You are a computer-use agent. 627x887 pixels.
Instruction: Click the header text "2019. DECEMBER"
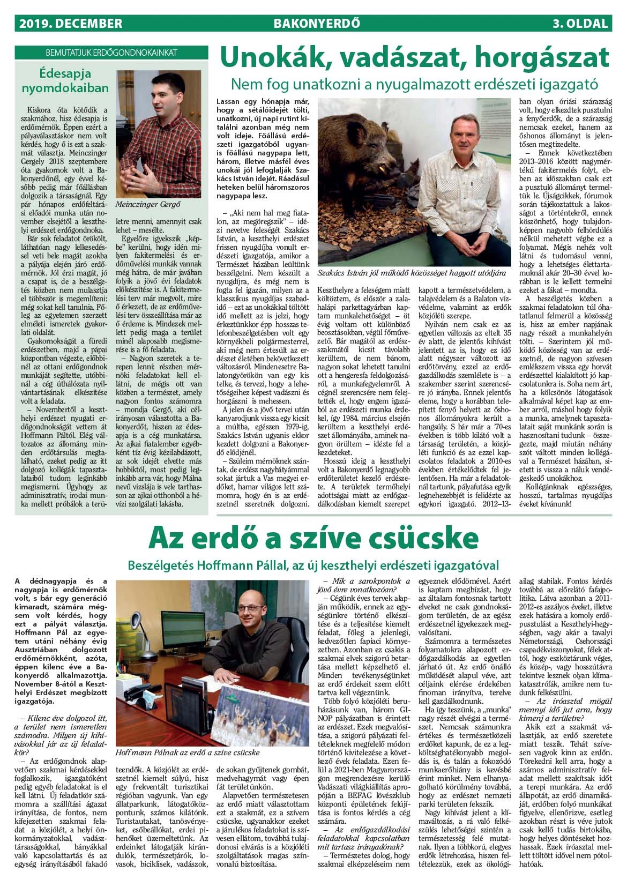pos(70,24)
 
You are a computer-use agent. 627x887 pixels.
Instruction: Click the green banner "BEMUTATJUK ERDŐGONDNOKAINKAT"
pos(111,53)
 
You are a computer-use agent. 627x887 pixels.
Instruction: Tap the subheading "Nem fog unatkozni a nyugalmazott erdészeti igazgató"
pos(414,84)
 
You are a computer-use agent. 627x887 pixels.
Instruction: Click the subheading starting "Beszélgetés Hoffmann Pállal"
pos(313,565)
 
